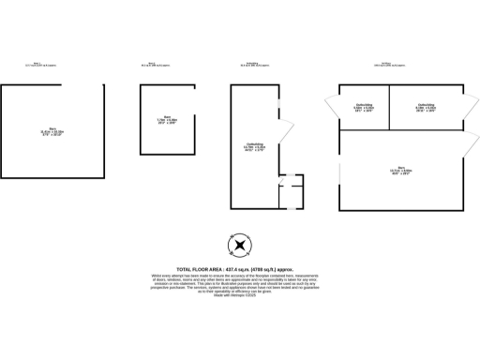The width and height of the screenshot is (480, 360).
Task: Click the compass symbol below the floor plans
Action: point(240,246)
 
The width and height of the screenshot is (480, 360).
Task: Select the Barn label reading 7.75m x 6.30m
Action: point(169,121)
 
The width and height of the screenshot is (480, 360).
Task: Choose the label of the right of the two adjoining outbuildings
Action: point(425,108)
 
